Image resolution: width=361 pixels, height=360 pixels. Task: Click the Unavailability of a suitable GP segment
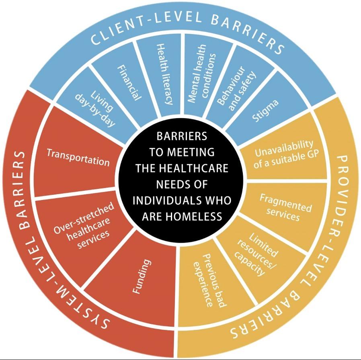pyautogui.click(x=284, y=155)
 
